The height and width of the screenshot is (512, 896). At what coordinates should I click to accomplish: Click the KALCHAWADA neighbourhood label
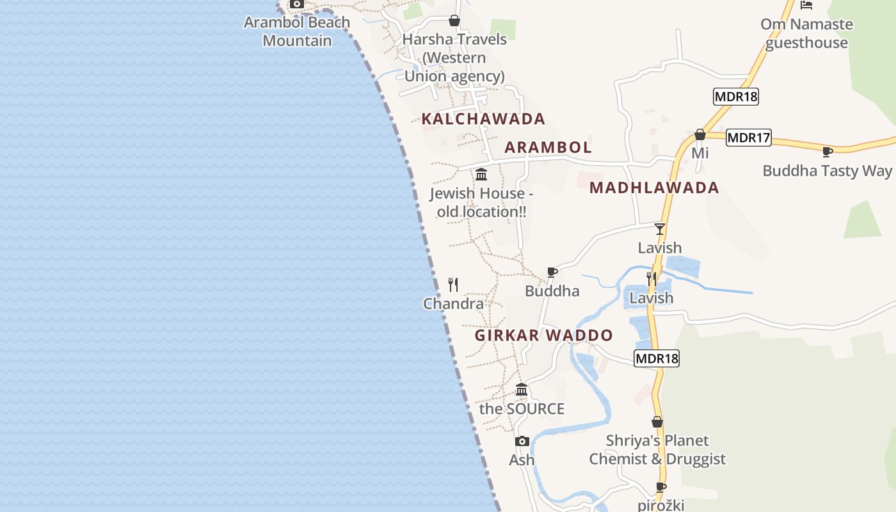click(483, 119)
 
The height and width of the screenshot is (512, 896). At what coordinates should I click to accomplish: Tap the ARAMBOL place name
click(548, 147)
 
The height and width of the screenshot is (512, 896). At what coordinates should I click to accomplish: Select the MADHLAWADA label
click(654, 188)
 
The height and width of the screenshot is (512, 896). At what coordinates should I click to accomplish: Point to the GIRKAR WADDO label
click(544, 335)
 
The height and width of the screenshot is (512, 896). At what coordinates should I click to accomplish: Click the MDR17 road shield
click(749, 138)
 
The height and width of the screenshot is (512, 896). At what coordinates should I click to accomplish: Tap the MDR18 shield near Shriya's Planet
click(657, 358)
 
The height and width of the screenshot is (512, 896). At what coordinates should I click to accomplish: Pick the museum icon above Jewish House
click(481, 174)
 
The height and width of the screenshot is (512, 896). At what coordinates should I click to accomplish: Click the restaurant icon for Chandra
click(453, 285)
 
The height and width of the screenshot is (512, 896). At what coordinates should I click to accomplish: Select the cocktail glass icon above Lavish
click(660, 229)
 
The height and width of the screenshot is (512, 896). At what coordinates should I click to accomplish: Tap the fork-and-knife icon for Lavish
click(652, 279)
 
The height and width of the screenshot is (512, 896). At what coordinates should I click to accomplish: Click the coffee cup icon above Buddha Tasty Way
click(827, 152)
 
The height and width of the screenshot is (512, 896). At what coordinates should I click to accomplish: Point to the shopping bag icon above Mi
click(700, 134)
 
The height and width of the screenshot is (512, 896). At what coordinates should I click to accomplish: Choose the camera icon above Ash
click(522, 441)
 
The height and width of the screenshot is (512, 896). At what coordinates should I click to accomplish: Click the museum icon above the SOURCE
click(522, 389)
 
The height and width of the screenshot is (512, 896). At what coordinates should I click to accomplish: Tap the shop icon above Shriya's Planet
click(657, 422)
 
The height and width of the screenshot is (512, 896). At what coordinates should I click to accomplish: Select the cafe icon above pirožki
click(661, 487)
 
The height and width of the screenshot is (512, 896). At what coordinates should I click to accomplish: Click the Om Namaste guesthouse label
click(806, 33)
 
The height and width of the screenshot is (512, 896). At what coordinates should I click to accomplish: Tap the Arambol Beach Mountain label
click(297, 31)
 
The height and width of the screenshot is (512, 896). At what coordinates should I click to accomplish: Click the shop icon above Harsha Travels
click(454, 20)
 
